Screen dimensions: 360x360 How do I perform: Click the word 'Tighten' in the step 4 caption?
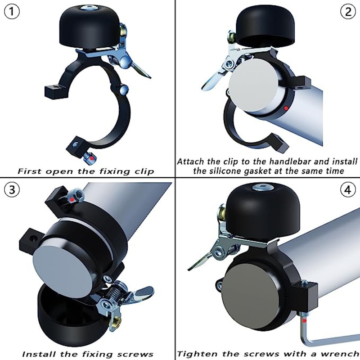coord(197,355)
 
